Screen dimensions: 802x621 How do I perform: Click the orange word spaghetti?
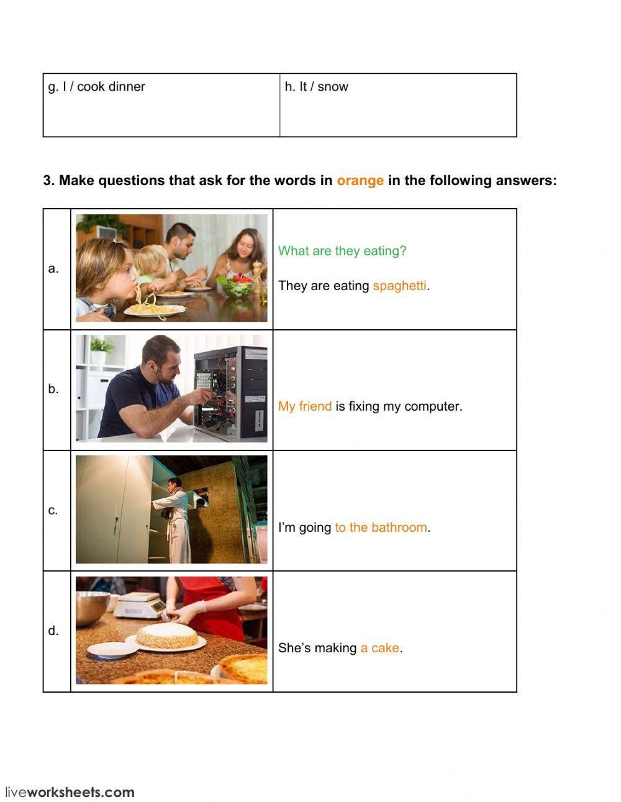coord(399,286)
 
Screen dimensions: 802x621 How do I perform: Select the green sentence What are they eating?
coord(342,251)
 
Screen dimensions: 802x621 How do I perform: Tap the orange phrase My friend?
coord(305,406)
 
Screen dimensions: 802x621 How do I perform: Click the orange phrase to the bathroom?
coord(381,527)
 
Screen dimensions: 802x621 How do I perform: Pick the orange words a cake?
coord(379,648)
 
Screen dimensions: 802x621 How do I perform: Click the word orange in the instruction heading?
coord(360,181)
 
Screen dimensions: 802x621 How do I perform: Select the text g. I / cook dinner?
coord(97,87)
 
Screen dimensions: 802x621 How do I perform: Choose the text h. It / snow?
coord(317,87)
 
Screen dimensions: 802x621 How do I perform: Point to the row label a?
coord(53,268)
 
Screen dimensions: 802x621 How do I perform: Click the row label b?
coord(53,389)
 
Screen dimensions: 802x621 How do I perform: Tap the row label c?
coord(53,510)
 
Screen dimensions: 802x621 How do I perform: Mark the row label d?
coord(53,631)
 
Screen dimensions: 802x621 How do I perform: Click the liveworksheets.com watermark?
coord(70,792)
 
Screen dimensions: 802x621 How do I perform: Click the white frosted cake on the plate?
coord(166,636)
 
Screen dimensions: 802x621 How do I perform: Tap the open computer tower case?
coord(230,391)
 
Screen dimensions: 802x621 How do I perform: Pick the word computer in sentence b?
coord(432,406)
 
